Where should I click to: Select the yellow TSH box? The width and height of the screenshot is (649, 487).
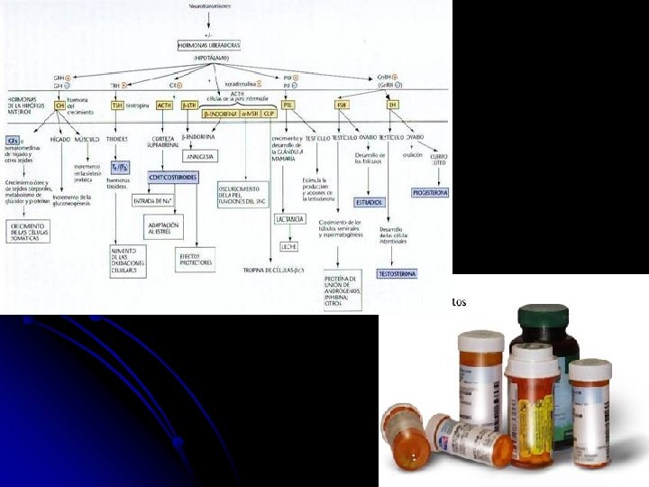118,106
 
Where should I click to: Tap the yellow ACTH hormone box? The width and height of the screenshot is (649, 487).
164,106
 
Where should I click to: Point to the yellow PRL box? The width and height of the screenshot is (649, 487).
287,106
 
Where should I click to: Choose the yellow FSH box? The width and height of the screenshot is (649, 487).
342,106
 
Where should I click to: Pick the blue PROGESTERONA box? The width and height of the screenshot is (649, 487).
430,193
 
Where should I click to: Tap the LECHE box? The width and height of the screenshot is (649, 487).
288,245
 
